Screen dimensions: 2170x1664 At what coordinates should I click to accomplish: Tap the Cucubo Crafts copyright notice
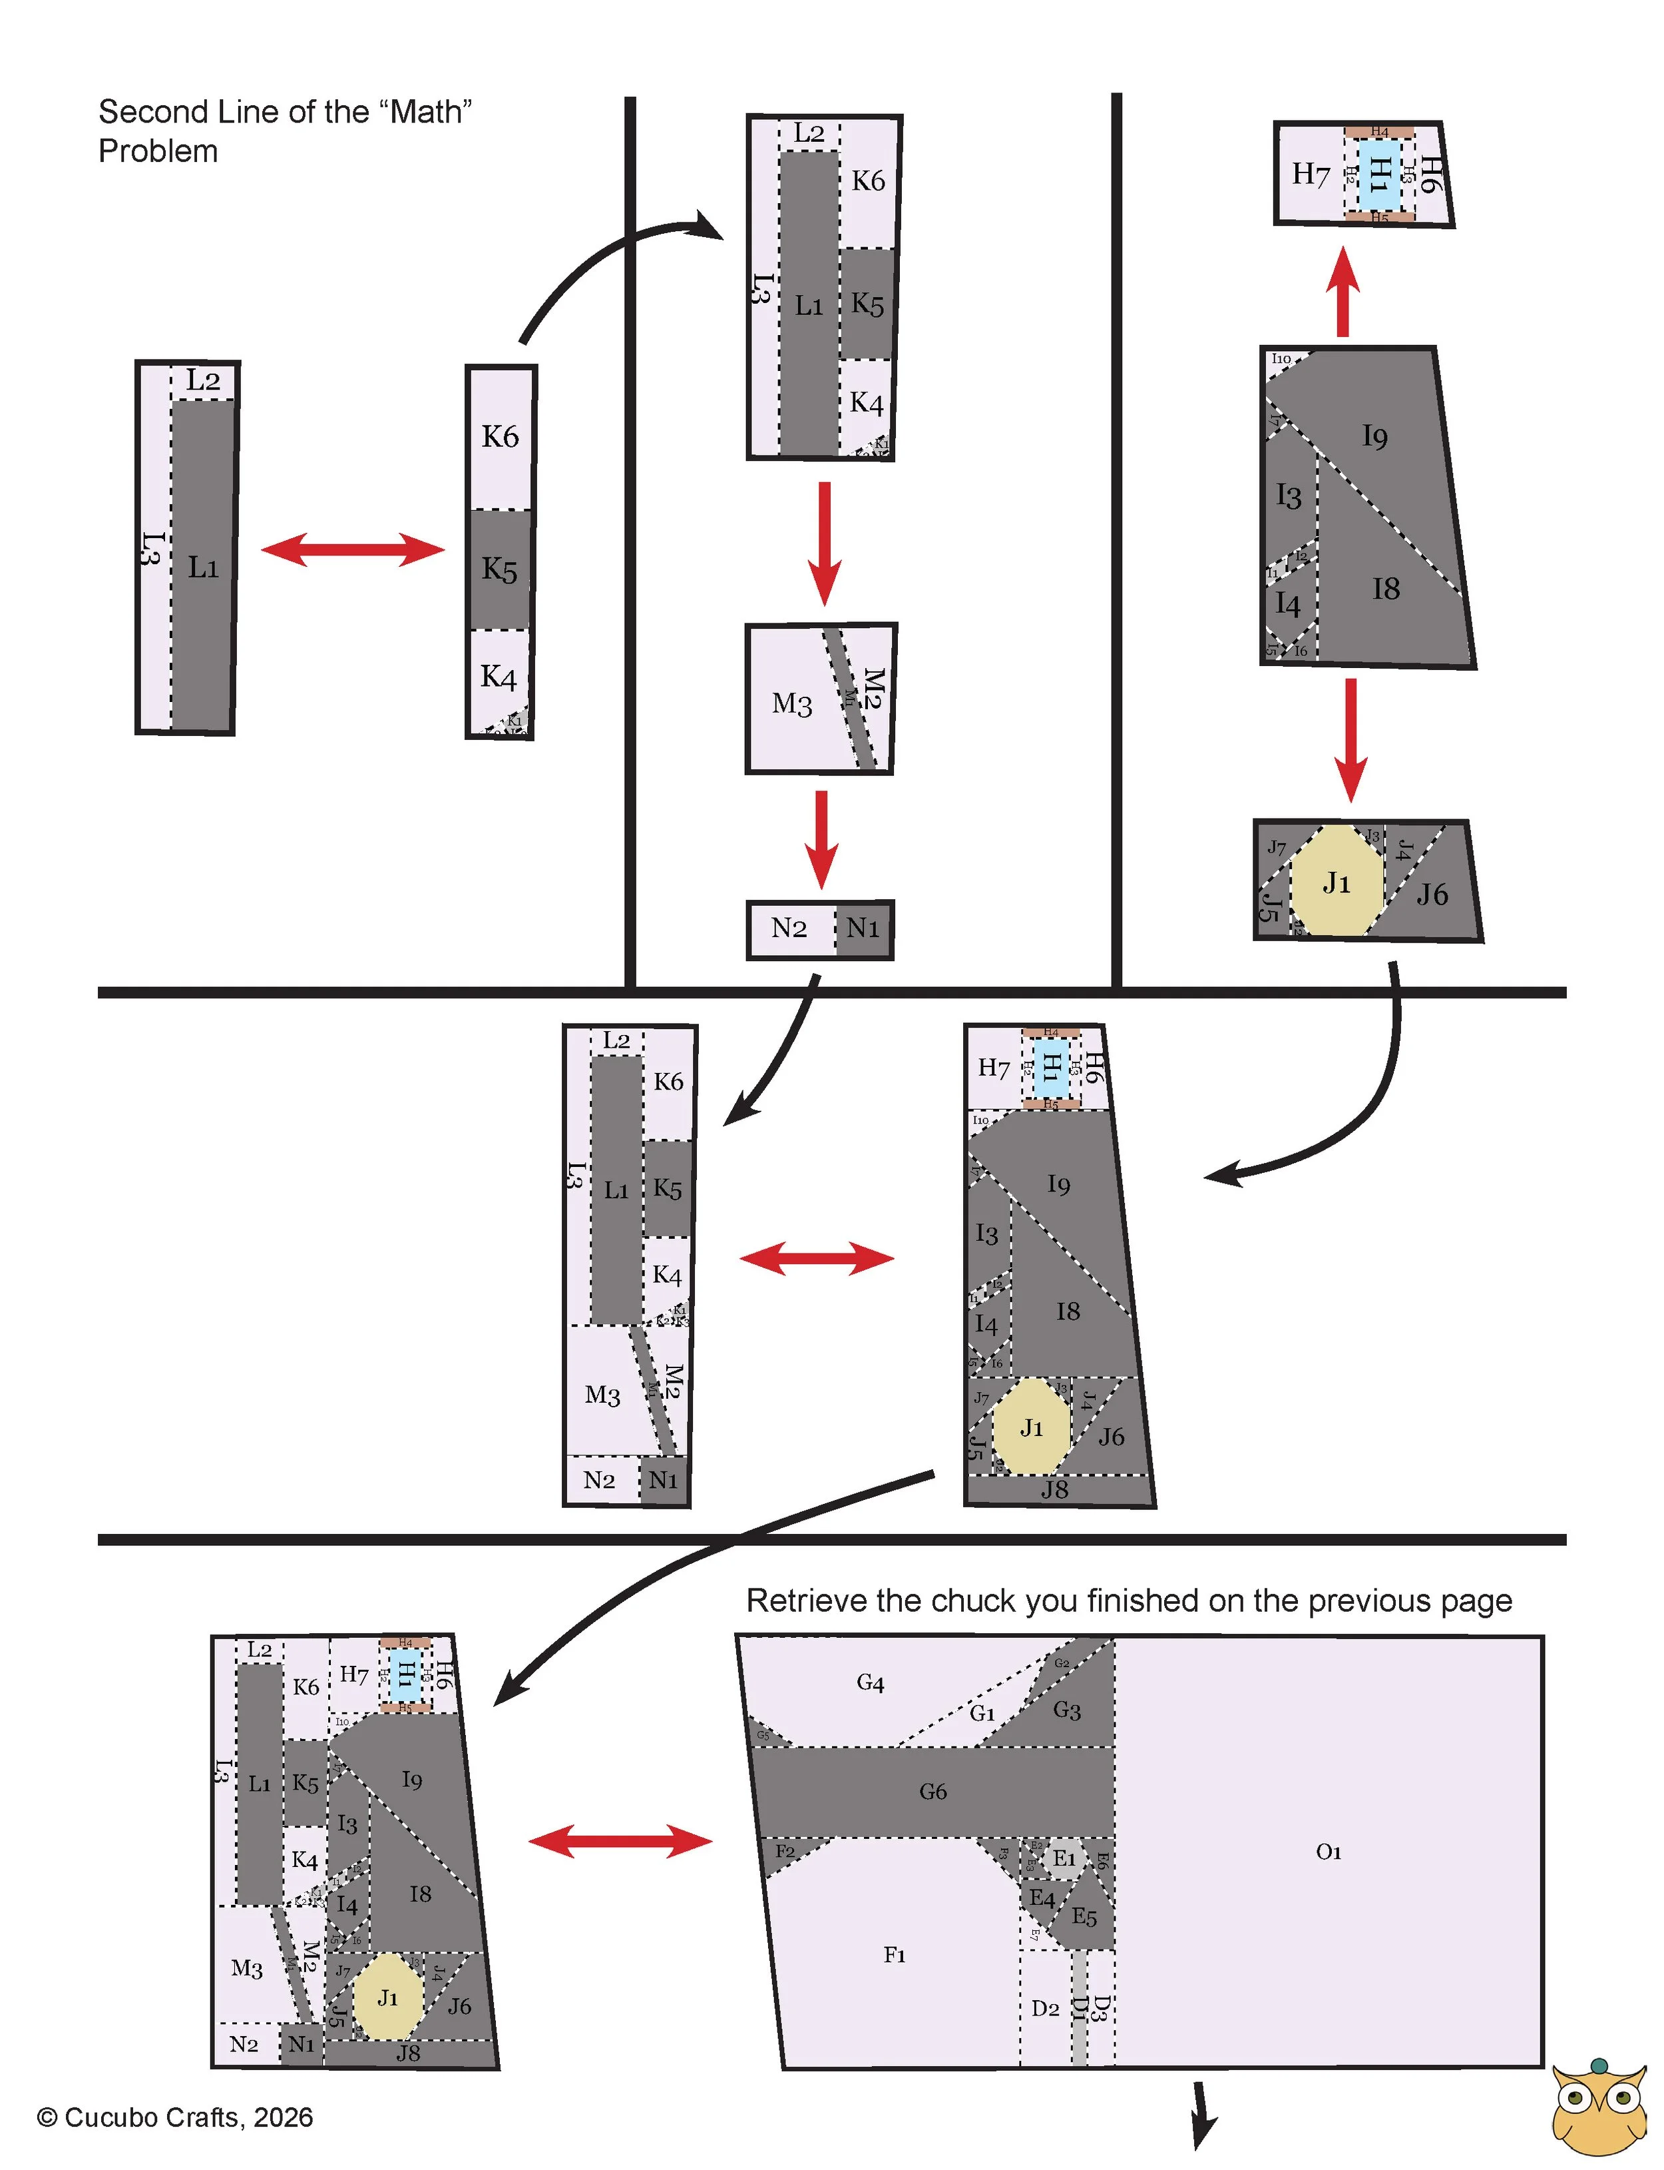tap(174, 2117)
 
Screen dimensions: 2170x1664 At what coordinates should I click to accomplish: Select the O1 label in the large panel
tap(1329, 1852)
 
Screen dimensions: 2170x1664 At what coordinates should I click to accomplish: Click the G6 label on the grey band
tap(932, 1792)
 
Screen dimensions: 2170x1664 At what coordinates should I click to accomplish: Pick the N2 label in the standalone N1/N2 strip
tap(789, 928)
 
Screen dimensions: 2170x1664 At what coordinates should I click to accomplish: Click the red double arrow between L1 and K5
tap(353, 550)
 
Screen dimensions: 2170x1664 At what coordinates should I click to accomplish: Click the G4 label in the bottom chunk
tap(870, 1682)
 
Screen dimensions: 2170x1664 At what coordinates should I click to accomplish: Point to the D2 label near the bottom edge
tap(1045, 2009)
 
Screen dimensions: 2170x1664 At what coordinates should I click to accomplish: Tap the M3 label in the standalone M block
tap(791, 705)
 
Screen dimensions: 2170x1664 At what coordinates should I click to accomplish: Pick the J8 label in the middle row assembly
tap(1054, 1489)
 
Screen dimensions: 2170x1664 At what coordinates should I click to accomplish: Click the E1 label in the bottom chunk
tap(1064, 1859)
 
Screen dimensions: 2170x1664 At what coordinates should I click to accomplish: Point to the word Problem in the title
tap(158, 152)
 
